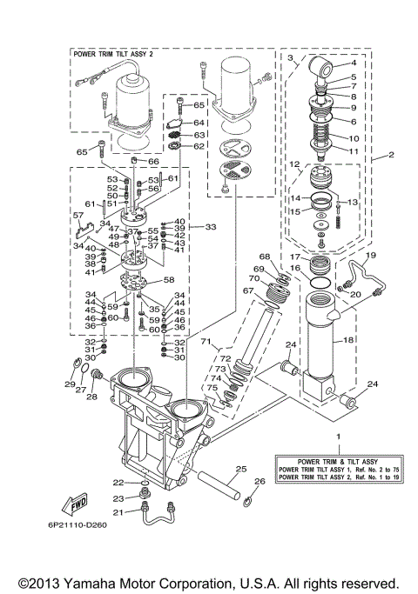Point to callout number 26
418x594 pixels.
[x=259, y=481]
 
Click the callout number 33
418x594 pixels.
[x=210, y=226]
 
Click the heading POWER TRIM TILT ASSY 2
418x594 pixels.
[x=114, y=54]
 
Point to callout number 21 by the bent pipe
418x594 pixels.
[x=118, y=512]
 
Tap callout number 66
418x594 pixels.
[x=153, y=162]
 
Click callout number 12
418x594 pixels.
[x=295, y=164]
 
